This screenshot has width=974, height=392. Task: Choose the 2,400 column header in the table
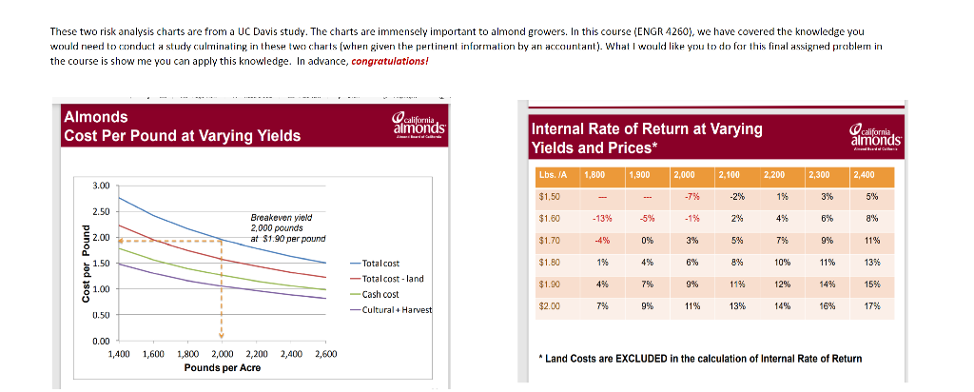873,175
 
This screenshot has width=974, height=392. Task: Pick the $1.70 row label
551,241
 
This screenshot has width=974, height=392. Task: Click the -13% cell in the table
600,219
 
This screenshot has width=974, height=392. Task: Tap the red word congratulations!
390,60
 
